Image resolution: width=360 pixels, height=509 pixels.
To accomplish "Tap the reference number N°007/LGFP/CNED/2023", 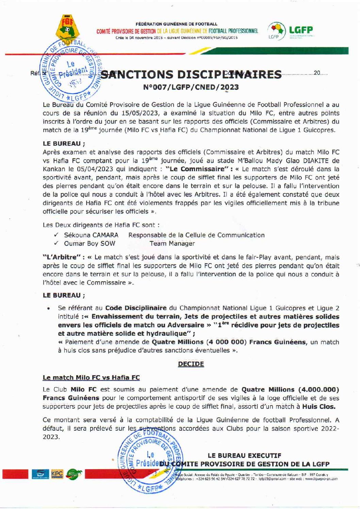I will [x=191, y=87].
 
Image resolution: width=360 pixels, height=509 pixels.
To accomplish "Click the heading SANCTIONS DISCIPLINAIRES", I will [x=192, y=75].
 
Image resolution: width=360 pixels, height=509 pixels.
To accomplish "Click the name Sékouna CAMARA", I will [x=91, y=235].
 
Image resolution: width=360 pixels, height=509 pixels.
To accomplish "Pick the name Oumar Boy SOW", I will [x=89, y=243].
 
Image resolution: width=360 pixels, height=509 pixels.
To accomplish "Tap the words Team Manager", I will [x=172, y=243].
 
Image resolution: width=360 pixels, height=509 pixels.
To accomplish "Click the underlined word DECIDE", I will [x=191, y=364].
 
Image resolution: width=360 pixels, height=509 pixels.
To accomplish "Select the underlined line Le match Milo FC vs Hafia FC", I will [x=91, y=378].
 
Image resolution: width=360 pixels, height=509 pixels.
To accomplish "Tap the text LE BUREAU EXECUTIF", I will [x=244, y=455].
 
